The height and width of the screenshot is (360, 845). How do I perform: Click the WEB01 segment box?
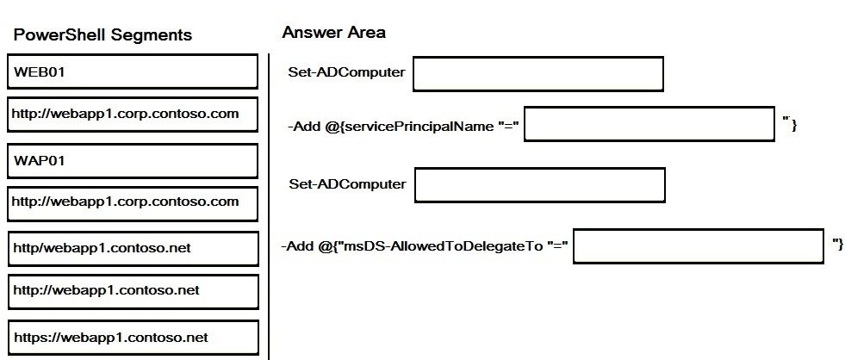coord(133,71)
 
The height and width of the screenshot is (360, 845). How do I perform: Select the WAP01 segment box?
coord(133,160)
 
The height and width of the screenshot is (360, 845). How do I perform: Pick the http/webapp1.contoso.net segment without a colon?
coord(134,248)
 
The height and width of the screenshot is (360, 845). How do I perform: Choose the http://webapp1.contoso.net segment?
coord(134,292)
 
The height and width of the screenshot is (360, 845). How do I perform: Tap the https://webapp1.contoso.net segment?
coord(134,338)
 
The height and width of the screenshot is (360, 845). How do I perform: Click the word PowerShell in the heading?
coord(59,35)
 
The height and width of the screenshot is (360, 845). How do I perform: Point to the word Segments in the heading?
coord(152,35)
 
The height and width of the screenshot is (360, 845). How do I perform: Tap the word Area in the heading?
coord(366,33)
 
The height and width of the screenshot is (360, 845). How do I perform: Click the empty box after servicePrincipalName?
coord(649,124)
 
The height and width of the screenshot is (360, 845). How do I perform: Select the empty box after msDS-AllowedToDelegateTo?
coord(699,246)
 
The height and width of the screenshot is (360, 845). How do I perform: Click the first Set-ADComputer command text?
coord(346,72)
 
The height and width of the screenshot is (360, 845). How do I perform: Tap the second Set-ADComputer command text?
coord(348,184)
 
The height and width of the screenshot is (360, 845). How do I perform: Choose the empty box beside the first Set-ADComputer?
coord(538,74)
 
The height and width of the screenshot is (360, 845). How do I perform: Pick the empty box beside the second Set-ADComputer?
coord(540,185)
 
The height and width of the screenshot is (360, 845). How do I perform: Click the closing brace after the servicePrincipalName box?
coord(794,125)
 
